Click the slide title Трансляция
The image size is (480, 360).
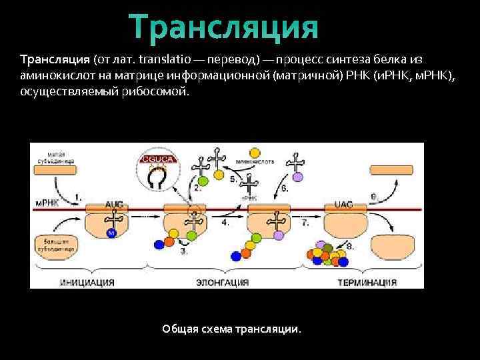(x=225, y=27)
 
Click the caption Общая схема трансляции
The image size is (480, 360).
(x=231, y=329)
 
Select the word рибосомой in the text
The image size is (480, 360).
(x=159, y=91)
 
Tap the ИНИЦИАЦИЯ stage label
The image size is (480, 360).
(x=87, y=282)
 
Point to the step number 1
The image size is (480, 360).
(x=79, y=197)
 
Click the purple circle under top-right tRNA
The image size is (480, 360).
(x=298, y=177)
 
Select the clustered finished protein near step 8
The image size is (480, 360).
(x=326, y=255)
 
